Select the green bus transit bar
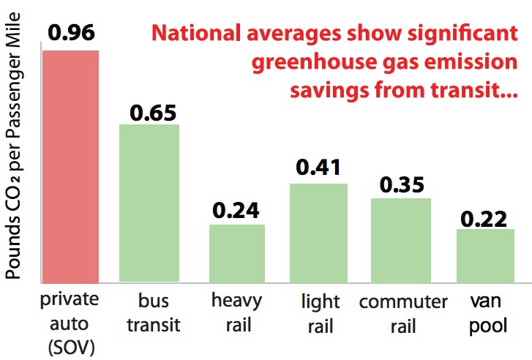149,203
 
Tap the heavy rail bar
237,252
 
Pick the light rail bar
319,232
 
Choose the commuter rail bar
401,239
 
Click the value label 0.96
70,34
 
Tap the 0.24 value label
236,211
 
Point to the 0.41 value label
319,168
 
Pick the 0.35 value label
401,185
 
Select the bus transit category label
153,313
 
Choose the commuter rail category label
403,312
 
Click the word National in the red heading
198,34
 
